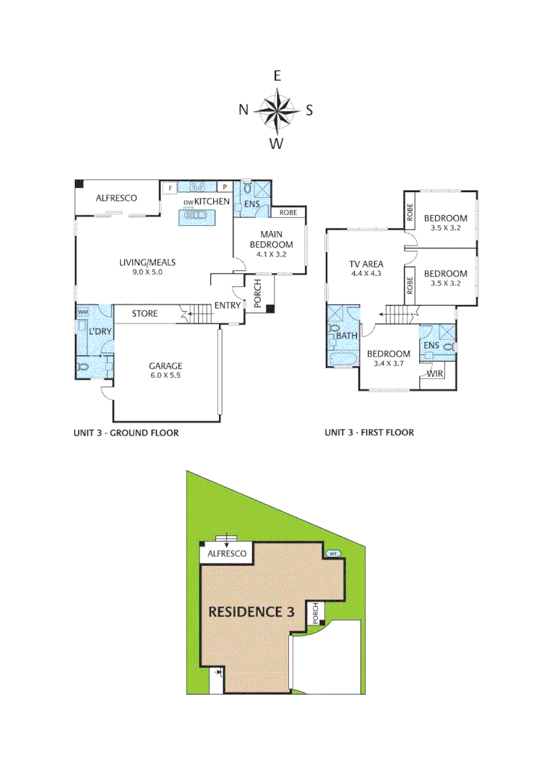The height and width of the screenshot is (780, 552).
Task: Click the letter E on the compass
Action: click(277, 76)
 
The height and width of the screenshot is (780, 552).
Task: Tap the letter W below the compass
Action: click(276, 144)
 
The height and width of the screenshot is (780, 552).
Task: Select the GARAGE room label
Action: click(165, 365)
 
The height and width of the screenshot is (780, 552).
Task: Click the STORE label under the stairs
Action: click(145, 314)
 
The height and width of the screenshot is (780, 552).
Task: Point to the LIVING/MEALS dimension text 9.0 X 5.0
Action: click(147, 273)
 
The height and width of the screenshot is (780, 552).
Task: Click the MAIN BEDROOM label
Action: click(272, 238)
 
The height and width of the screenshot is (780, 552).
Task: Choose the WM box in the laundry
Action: click(82, 312)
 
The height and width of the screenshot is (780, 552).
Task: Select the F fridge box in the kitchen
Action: click(171, 188)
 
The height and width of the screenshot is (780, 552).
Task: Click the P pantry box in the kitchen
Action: click(225, 188)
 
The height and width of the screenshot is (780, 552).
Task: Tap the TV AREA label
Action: click(366, 264)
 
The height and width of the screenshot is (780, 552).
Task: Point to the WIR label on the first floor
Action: click(435, 373)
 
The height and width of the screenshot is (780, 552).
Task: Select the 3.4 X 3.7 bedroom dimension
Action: click(388, 364)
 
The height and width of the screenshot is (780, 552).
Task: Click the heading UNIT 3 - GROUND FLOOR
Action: click(126, 433)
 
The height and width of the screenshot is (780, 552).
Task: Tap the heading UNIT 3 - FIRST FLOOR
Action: click(369, 433)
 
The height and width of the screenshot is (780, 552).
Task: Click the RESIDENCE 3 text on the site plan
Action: click(251, 611)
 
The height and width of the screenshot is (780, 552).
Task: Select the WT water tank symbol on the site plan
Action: click(334, 554)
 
